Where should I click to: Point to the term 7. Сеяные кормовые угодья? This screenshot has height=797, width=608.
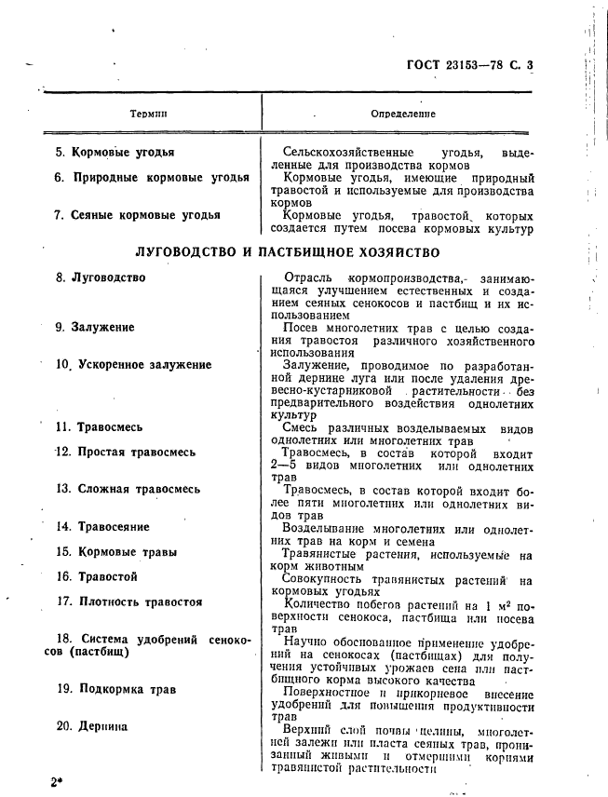pos(137,215)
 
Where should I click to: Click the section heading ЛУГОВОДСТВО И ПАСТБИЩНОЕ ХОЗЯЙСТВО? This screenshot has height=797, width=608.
pos(288,252)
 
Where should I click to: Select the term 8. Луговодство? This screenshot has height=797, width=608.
pos(100,277)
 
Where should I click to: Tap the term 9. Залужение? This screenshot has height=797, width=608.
pos(94,328)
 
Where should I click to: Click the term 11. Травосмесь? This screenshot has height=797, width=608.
pos(99,427)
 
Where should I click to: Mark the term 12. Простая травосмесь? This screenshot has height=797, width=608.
pos(126,453)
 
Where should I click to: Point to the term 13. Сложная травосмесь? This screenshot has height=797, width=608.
pos(128,488)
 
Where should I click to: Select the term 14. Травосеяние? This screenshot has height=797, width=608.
pos(102,527)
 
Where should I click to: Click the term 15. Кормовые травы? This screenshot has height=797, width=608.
pos(116,552)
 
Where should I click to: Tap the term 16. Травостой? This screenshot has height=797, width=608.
pos(97,577)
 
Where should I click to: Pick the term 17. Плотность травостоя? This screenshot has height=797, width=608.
pos(128,602)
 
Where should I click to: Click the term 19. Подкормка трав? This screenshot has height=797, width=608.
pos(115,690)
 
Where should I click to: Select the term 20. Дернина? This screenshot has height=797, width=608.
pos(91,727)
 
